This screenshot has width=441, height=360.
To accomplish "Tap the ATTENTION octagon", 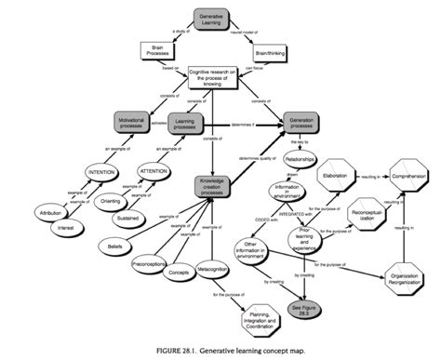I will pyautogui.click(x=154, y=172).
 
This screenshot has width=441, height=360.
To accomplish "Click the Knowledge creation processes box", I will pyautogui.click(x=214, y=186).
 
